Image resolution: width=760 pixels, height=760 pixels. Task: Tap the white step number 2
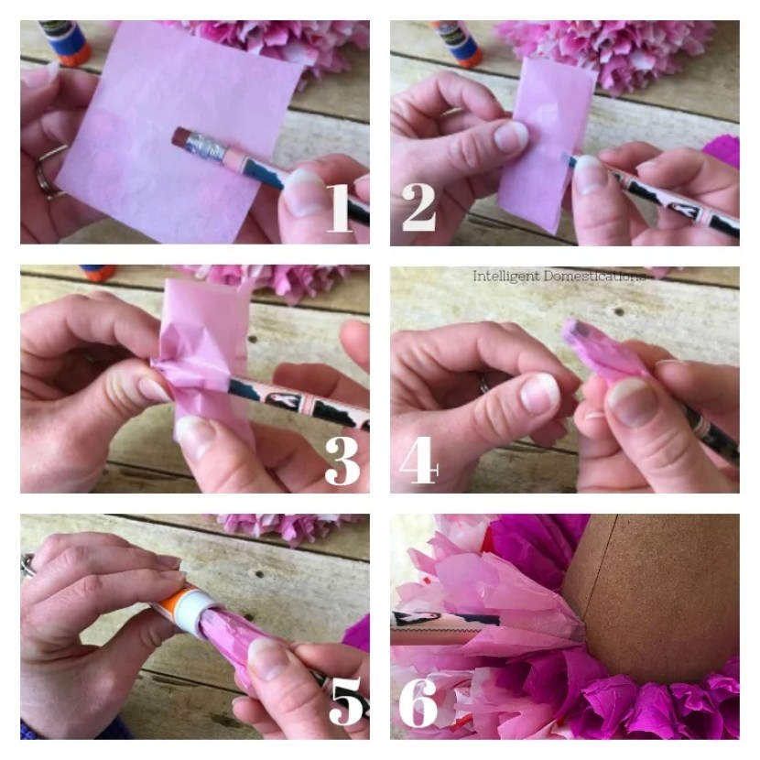pos(418,208)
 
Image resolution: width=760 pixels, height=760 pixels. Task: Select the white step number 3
pos(342,461)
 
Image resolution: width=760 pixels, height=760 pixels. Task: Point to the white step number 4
pos(418,460)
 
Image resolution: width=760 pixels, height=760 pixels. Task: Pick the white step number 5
pos(346,700)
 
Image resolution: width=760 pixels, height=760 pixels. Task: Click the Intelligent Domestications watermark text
pos(559,276)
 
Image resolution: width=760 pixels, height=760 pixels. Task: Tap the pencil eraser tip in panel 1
pos(180,136)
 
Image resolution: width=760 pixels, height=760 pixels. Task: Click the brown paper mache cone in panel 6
pos(655,595)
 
